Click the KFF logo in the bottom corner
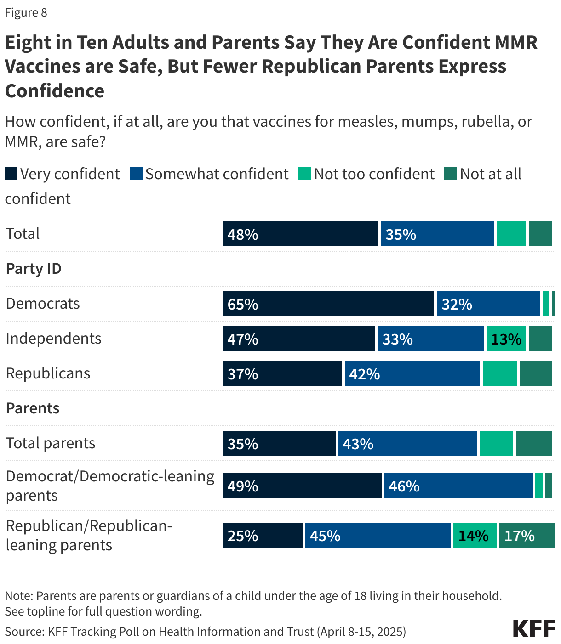tap(534, 628)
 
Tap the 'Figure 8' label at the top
tap(26, 12)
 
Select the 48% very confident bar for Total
tap(300, 234)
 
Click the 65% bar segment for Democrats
tap(328, 304)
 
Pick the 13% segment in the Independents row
tap(506, 339)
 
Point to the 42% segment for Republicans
tap(412, 373)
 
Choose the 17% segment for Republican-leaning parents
tap(527, 535)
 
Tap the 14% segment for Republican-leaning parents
tap(475, 535)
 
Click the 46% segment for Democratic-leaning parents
tap(458, 486)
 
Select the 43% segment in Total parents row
tap(407, 443)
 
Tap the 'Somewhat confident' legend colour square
tap(136, 174)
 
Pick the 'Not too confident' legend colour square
tap(304, 174)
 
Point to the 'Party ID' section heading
tap(34, 269)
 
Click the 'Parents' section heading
tap(33, 408)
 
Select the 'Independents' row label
tap(53, 339)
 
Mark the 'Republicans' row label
tap(48, 373)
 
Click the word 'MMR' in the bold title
tap(516, 42)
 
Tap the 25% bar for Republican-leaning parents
tap(262, 535)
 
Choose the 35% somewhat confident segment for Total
tap(437, 234)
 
